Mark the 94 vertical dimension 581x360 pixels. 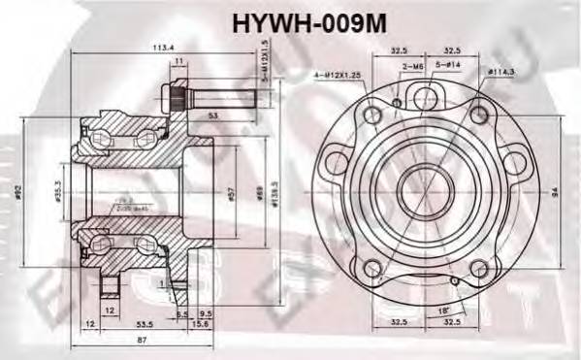tap(554, 191)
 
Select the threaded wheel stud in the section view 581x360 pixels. tap(209, 98)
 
